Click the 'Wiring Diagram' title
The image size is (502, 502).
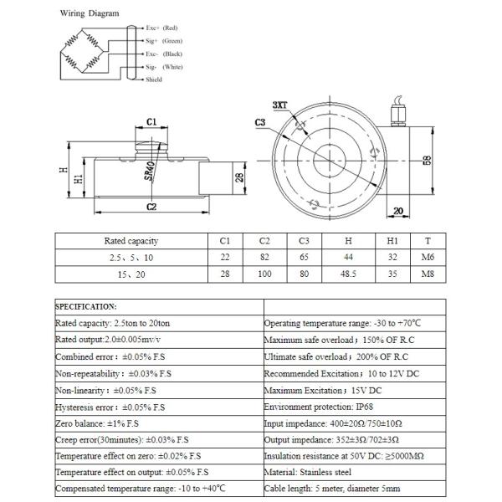90,14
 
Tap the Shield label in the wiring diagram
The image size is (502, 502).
154,79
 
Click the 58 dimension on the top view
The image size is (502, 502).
426,161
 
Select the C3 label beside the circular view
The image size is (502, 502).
260,123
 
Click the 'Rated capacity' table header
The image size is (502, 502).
131,241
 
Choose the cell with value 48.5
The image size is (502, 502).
349,274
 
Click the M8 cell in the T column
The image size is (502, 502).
428,274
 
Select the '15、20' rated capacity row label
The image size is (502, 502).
131,274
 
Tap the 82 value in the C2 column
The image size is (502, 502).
264,258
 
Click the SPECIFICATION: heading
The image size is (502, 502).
86,306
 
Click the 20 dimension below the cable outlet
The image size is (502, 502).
397,211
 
